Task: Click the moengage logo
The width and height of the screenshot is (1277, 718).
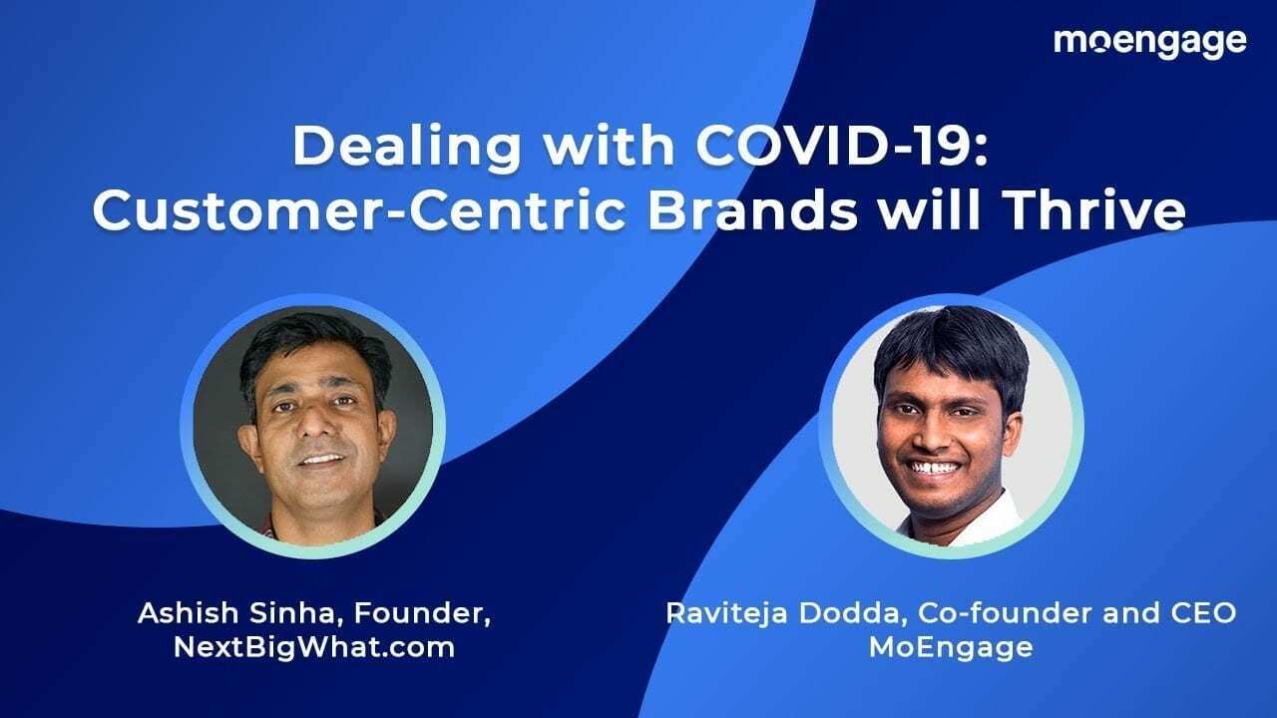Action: (1149, 42)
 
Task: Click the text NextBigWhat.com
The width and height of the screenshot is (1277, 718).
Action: (314, 646)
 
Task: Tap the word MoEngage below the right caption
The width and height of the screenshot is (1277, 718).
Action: (950, 646)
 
